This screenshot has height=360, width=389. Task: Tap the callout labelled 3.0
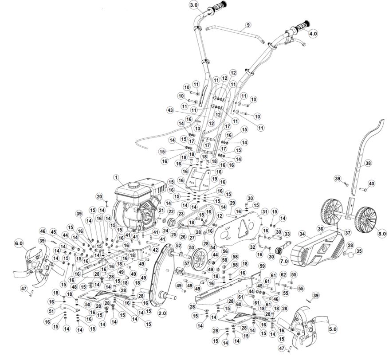click(x=194, y=5)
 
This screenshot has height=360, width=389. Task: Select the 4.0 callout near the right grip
click(x=313, y=34)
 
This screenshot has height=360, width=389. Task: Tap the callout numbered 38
click(x=368, y=163)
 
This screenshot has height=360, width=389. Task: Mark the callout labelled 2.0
click(x=162, y=313)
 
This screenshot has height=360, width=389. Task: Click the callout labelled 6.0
click(x=19, y=243)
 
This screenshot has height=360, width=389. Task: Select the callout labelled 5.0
click(x=333, y=329)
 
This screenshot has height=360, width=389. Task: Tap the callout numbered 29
click(x=232, y=203)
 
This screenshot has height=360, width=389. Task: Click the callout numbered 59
click(x=262, y=266)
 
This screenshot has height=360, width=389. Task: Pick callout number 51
click(x=51, y=311)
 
